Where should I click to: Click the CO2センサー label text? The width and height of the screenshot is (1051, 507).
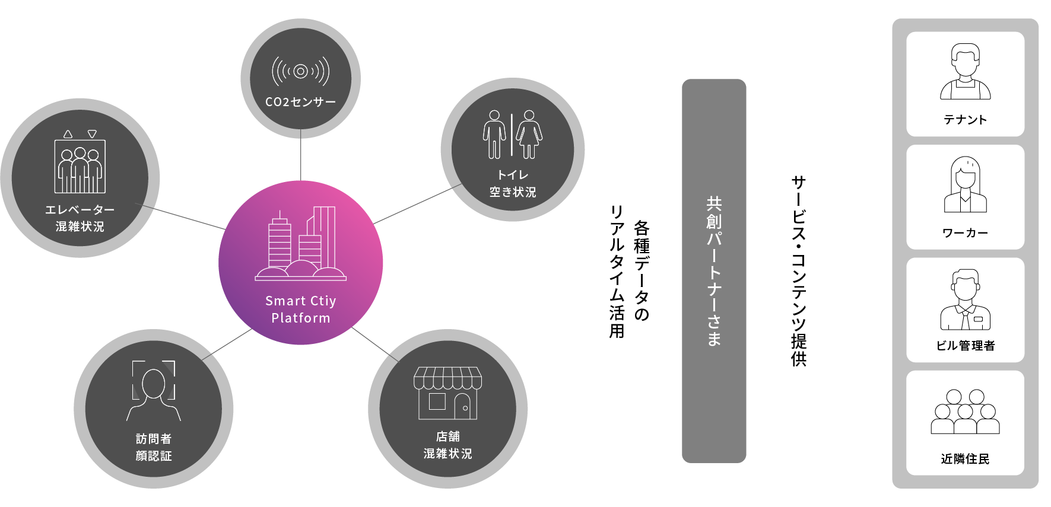click(300, 102)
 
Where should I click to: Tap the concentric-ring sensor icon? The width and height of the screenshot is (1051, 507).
click(300, 72)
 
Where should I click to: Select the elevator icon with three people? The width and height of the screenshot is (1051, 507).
click(80, 162)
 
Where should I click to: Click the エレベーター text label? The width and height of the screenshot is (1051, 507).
click(80, 209)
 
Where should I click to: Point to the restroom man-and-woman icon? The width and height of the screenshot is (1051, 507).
click(512, 135)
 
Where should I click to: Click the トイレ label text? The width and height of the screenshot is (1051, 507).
click(513, 175)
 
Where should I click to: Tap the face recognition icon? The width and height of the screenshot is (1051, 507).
click(154, 390)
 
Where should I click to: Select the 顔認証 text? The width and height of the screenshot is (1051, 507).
click(154, 456)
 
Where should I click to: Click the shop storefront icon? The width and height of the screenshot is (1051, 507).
click(447, 393)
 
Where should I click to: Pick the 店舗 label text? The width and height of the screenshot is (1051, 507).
click(447, 436)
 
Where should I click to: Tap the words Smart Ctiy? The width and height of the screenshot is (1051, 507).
click(300, 301)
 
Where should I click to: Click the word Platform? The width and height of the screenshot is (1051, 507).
click(300, 318)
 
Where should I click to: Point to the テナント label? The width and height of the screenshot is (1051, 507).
click(965, 120)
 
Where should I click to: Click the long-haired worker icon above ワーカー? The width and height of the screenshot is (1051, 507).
click(965, 184)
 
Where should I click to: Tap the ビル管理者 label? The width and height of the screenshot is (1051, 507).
click(965, 346)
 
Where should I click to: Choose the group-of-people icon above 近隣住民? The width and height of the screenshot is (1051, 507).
click(965, 412)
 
